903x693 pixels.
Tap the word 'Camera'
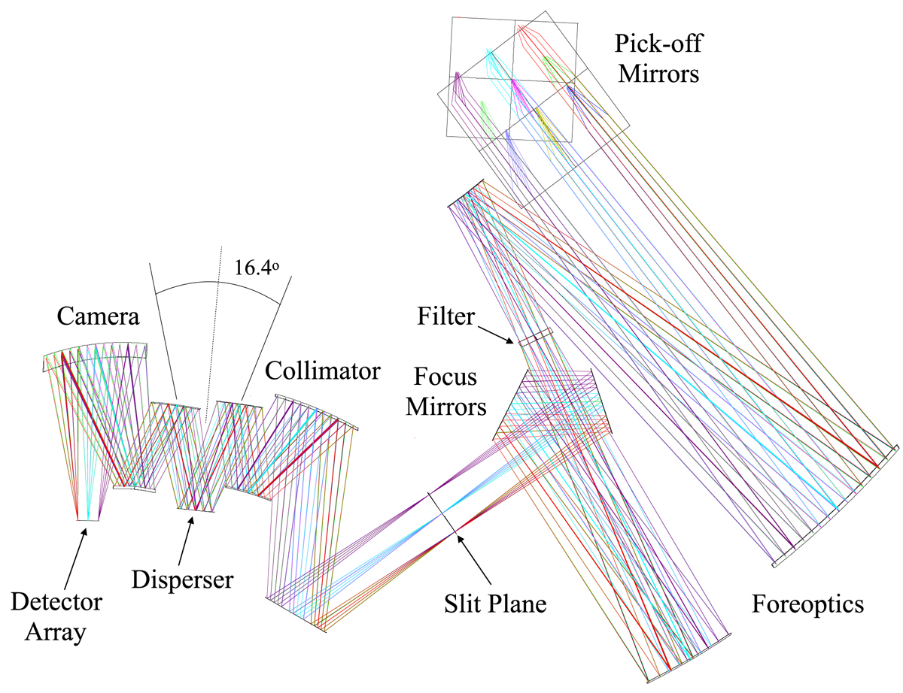click(99, 316)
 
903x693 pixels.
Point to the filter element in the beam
click(535, 337)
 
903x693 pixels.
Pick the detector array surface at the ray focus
click(88, 520)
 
